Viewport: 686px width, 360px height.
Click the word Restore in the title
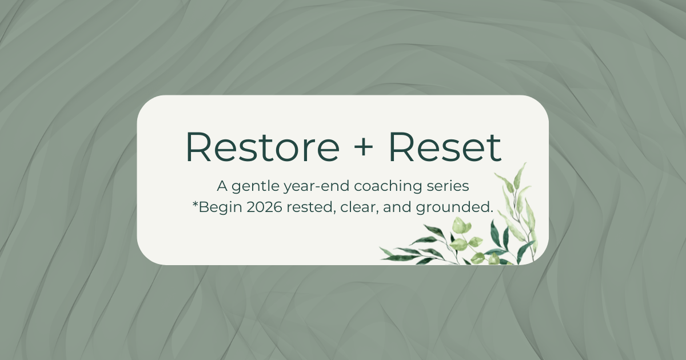point(262,147)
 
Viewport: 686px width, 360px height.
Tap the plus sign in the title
point(363,147)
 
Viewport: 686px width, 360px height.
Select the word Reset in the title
point(445,147)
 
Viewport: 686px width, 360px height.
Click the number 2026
point(264,207)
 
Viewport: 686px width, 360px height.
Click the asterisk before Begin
point(195,203)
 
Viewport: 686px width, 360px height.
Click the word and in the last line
point(397,207)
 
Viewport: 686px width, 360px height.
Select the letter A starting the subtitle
point(222,186)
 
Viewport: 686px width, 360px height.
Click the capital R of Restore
point(198,147)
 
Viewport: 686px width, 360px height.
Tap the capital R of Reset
point(402,147)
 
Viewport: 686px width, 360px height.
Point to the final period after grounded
point(491,212)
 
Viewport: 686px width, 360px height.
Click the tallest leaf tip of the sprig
point(526,163)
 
